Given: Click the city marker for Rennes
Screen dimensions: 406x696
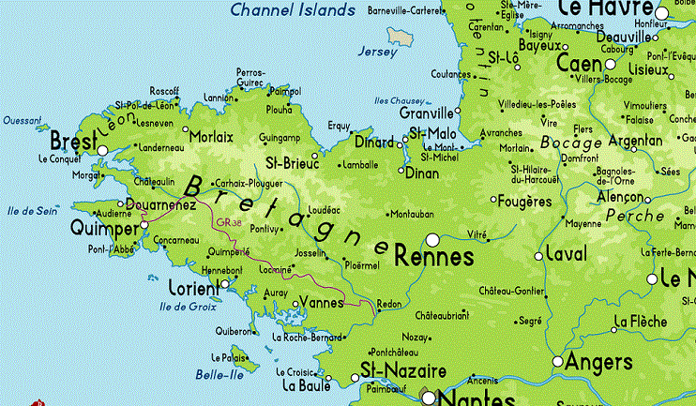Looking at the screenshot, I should [432, 239].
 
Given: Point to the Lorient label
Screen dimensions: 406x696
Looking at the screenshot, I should [192, 287].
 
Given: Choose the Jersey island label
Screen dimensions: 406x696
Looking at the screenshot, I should [378, 53].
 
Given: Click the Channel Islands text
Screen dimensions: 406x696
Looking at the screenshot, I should [293, 10].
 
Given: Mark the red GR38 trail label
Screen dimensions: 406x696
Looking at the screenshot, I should [227, 223].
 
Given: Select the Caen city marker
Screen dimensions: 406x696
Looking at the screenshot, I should [611, 65].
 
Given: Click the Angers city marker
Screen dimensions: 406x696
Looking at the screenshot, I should [558, 361].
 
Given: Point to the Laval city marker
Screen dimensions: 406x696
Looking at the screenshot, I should [538, 256].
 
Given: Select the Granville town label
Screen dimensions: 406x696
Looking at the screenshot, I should [427, 113].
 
